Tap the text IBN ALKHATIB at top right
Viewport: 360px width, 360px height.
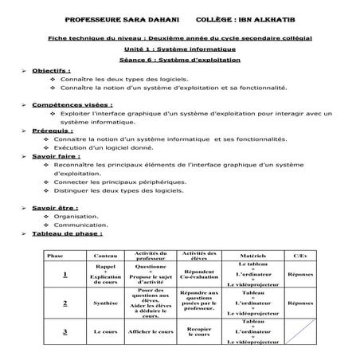click(269, 18)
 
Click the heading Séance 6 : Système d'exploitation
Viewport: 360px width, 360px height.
click(180, 59)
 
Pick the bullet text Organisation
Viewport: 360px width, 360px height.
click(76, 216)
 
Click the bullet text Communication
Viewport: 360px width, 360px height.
click(80, 225)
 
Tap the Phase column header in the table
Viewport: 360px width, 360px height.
click(56, 256)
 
